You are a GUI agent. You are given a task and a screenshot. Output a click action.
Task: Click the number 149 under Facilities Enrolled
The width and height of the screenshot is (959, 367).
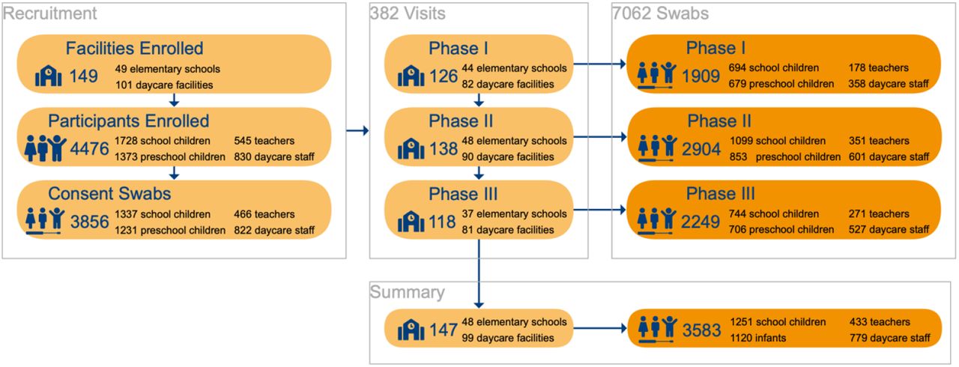(83, 76)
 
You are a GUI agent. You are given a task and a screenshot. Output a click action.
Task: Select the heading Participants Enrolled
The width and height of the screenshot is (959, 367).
(128, 121)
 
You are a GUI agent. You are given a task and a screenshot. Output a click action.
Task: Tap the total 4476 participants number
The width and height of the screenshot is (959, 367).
(89, 149)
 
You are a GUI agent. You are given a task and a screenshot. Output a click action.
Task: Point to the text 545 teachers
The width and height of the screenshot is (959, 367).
(264, 141)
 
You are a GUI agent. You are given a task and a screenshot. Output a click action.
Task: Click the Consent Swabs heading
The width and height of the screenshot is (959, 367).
(109, 194)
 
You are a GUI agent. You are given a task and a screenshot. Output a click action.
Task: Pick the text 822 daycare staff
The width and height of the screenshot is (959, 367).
(274, 230)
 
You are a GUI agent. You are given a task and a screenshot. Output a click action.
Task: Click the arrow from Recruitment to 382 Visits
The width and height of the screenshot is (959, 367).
(357, 130)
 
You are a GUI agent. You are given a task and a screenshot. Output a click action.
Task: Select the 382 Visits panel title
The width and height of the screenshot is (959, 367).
(408, 13)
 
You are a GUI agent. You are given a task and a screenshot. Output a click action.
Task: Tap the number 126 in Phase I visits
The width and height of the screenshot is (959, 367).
(444, 76)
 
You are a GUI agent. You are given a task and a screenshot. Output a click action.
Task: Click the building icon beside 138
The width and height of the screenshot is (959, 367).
(411, 149)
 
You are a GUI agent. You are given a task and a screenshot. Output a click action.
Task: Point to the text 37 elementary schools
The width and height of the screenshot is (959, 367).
(514, 214)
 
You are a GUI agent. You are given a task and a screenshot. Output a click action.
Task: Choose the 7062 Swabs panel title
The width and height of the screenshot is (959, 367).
(660, 13)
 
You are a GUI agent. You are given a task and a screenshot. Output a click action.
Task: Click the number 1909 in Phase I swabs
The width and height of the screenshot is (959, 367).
(701, 76)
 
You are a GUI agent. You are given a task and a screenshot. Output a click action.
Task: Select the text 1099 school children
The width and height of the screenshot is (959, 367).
(778, 141)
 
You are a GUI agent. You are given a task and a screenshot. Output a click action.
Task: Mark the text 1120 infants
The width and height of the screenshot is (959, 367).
(757, 338)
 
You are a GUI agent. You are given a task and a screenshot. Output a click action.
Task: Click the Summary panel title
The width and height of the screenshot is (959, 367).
(407, 291)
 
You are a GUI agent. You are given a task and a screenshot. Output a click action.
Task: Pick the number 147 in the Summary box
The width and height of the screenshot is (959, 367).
(444, 330)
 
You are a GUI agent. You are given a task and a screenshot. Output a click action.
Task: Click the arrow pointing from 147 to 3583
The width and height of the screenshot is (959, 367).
(600, 328)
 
